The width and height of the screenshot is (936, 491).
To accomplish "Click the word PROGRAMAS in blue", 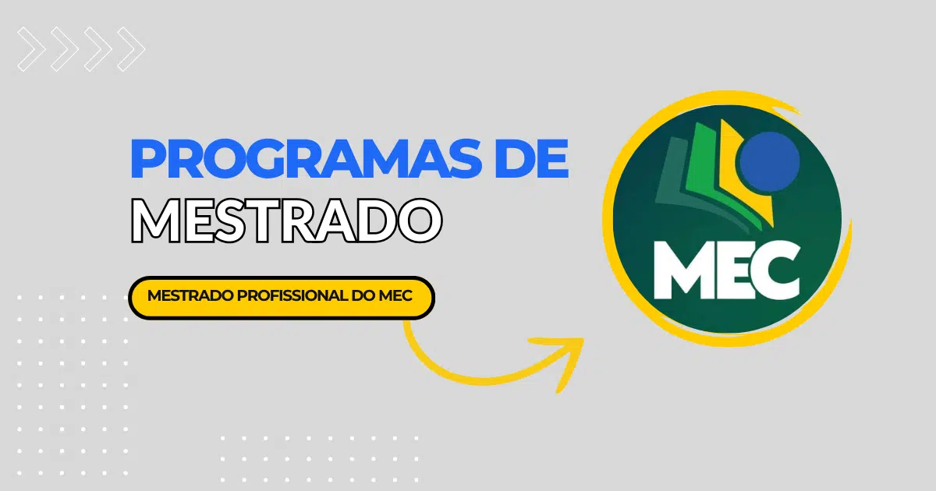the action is (x=307, y=159).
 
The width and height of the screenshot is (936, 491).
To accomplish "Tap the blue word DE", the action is (x=532, y=159).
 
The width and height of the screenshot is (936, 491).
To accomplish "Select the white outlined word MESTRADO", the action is (x=286, y=221).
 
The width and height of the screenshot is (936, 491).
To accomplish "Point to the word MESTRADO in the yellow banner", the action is (x=190, y=296).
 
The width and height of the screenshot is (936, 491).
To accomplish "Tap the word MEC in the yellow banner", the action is (x=395, y=296).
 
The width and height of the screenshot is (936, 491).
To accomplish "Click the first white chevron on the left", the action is (x=31, y=49).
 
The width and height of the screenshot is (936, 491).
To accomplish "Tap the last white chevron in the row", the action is (x=131, y=49).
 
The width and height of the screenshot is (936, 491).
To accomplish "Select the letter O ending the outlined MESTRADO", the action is (x=420, y=221).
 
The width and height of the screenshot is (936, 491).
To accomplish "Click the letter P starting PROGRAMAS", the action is (x=148, y=159).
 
